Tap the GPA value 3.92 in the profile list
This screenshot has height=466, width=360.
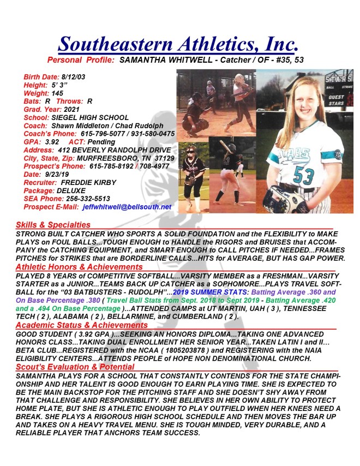click(52, 141)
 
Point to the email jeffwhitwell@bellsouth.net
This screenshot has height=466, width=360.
click(127, 207)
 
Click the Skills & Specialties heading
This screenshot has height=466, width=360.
click(53, 224)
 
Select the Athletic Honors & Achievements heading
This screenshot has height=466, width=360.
click(79, 267)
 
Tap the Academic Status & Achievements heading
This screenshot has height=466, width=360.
click(82, 325)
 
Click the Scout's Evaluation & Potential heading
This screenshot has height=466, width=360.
click(75, 367)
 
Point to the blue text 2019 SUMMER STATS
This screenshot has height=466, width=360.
click(207, 292)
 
